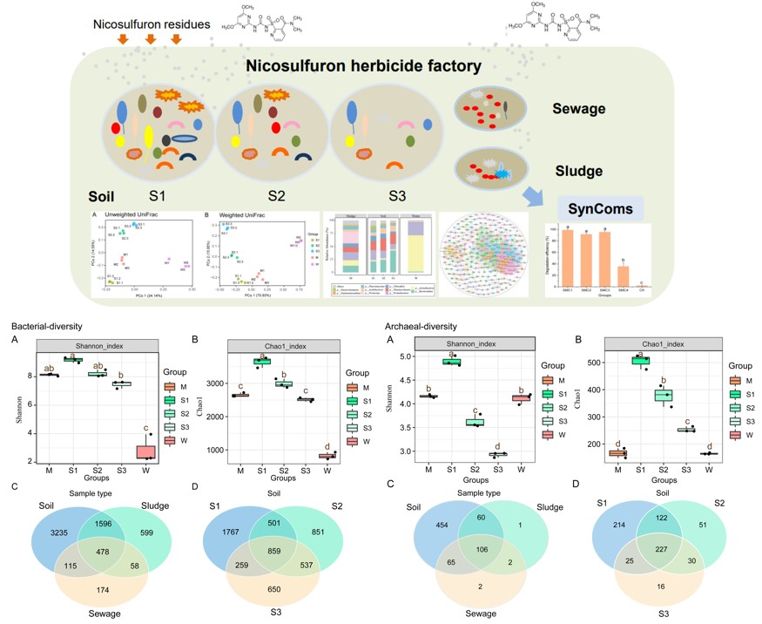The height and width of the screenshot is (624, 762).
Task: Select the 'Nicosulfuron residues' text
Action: (x=152, y=24)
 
